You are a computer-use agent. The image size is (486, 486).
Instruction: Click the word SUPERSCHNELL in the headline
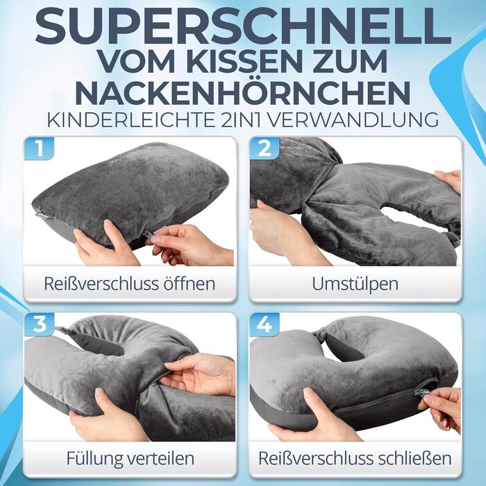tap(243, 28)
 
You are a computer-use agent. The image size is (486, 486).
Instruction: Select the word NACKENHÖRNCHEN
tap(243, 92)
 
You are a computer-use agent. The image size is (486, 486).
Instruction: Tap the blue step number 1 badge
tap(40, 148)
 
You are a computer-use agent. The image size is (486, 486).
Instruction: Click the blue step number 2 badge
tap(265, 148)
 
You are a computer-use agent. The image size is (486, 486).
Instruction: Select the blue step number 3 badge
tap(40, 324)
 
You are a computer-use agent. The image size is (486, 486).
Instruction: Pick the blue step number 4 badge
tap(265, 324)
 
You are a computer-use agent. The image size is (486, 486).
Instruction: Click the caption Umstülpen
tap(355, 284)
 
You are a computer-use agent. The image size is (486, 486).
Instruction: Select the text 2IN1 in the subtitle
tap(237, 119)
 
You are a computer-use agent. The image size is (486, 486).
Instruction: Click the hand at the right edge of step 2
tap(449, 182)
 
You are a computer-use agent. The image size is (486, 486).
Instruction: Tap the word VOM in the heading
tap(137, 61)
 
